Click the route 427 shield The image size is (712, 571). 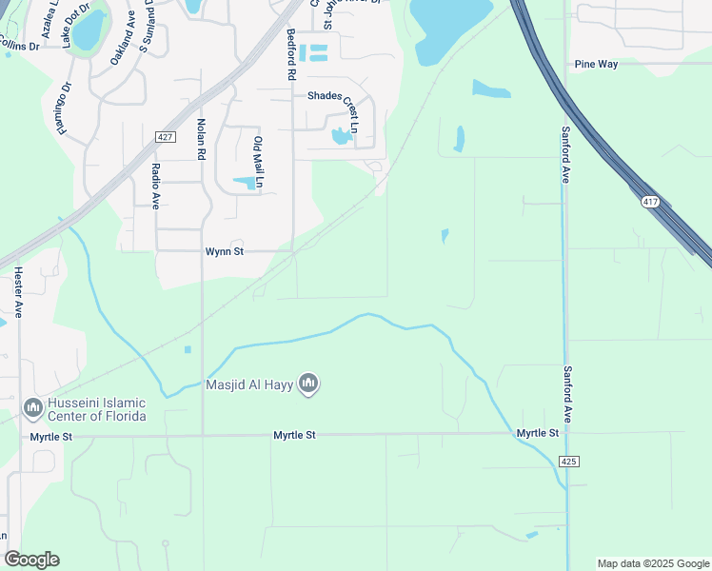point(165,137)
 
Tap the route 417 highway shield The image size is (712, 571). point(650,202)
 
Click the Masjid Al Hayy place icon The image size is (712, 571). point(308,384)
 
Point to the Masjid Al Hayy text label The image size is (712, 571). point(250,384)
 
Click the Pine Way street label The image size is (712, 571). point(596,65)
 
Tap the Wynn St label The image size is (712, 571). point(226,252)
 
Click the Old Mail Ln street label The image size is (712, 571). point(257,160)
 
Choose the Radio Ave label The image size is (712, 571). point(154,186)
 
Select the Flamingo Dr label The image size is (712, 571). point(65,108)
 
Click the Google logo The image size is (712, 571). point(31,560)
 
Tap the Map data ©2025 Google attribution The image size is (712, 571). point(653,563)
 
